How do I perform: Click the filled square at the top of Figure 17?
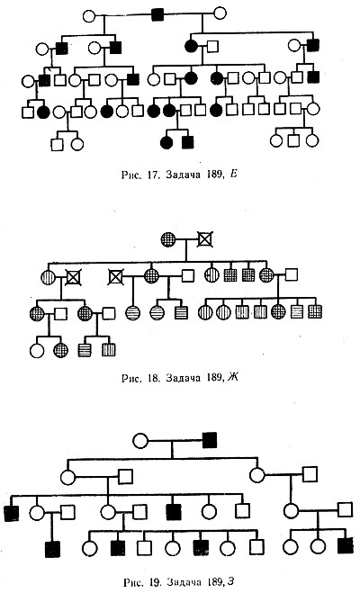(x=157, y=14)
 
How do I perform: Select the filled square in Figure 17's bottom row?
(x=188, y=142)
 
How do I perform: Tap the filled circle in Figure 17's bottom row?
(x=166, y=142)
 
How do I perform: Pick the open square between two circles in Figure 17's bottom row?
(x=293, y=140)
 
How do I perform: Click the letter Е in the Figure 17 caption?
(x=233, y=174)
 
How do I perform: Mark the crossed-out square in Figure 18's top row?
(x=205, y=239)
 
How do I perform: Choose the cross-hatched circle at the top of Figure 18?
(x=168, y=239)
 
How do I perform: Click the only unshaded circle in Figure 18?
(x=37, y=351)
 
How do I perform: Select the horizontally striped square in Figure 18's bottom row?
(x=85, y=350)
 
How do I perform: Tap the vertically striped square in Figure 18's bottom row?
(x=109, y=350)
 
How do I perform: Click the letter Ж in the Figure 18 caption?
(x=232, y=377)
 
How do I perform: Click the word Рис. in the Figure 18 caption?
(x=131, y=378)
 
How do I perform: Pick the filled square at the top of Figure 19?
(x=210, y=440)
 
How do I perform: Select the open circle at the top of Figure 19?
(x=140, y=441)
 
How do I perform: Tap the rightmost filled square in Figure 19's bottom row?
(x=346, y=545)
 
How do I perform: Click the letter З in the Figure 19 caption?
(x=230, y=581)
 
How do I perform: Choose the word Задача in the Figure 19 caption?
(x=185, y=581)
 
